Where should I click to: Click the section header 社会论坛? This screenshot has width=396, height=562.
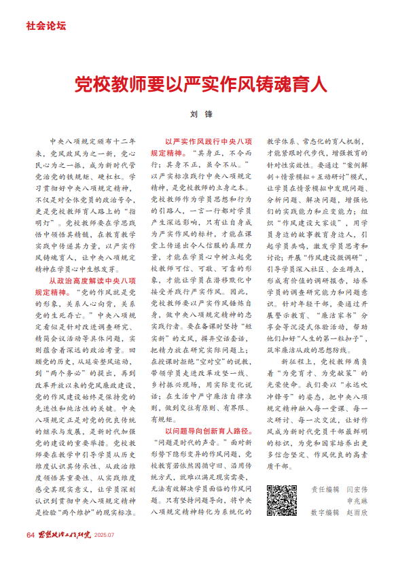click(x=46, y=27)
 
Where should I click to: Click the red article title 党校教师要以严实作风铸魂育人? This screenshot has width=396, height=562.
click(x=201, y=84)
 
